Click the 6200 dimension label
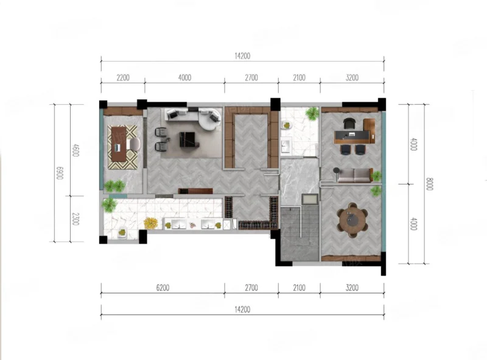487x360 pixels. click(x=163, y=288)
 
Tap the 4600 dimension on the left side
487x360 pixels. click(x=75, y=150)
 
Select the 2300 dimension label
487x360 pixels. click(x=75, y=219)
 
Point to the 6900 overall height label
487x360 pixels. click(x=60, y=173)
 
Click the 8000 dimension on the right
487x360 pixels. click(x=429, y=184)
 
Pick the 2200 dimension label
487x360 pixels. click(x=123, y=77)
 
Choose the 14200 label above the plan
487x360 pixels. click(x=242, y=56)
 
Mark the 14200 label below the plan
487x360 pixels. click(x=242, y=309)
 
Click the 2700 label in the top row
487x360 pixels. click(x=251, y=77)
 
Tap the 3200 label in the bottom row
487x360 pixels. click(x=352, y=288)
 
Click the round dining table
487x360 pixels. click(x=353, y=220)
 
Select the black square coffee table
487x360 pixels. click(x=187, y=139)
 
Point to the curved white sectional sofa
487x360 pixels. click(x=192, y=117)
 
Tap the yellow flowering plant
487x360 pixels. click(x=150, y=222)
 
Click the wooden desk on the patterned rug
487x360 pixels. click(x=119, y=144)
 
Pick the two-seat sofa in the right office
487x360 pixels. click(x=355, y=175)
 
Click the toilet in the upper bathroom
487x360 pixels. click(x=286, y=125)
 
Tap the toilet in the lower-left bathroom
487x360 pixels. click(x=123, y=233)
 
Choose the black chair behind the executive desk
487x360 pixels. click(x=349, y=124)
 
